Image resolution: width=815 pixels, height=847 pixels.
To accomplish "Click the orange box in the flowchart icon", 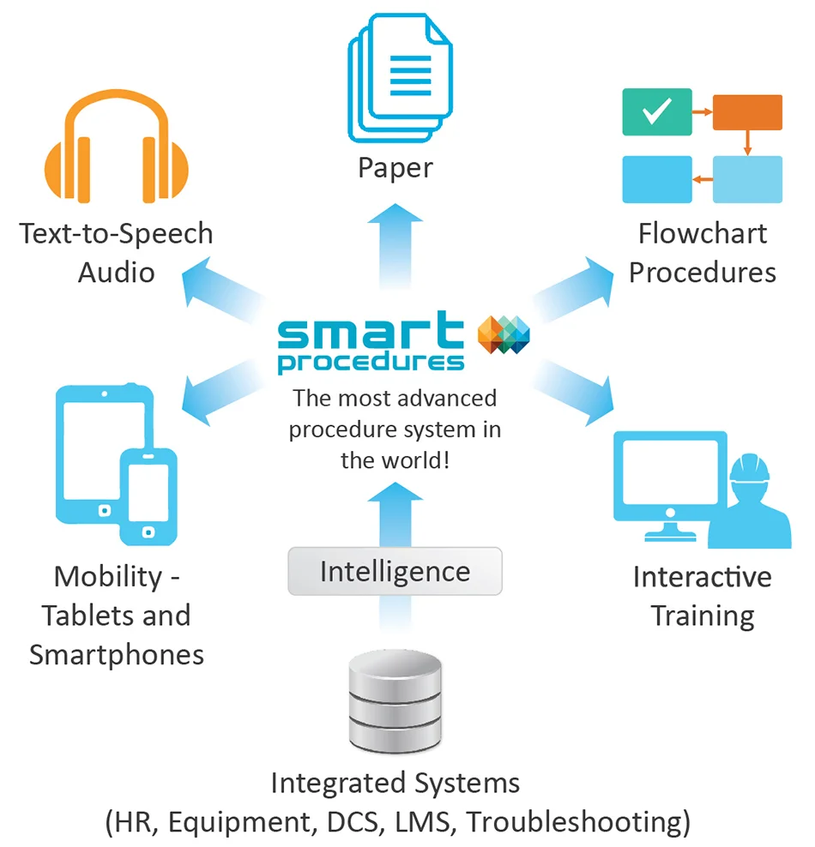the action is click(x=747, y=112).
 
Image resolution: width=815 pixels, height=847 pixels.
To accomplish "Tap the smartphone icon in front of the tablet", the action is click(x=148, y=496).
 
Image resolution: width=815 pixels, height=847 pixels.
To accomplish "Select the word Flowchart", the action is click(x=703, y=233).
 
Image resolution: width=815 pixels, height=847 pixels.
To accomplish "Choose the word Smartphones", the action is click(x=117, y=654).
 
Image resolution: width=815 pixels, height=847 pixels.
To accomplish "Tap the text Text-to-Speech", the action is click(x=117, y=233).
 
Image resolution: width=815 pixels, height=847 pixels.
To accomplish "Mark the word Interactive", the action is click(x=702, y=577).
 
